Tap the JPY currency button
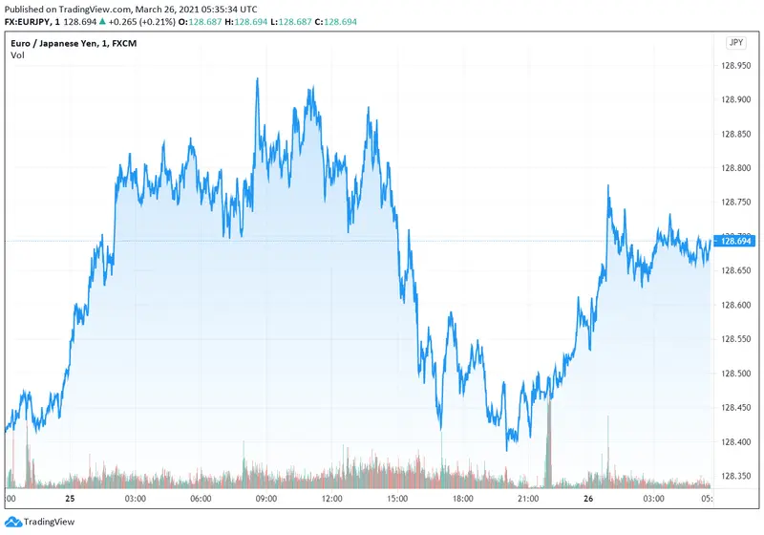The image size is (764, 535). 735,42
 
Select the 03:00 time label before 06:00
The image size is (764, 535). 135,499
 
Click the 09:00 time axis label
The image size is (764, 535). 266,499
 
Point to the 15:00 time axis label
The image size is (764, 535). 398,499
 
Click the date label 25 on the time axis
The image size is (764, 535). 70,499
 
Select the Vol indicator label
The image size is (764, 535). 18,54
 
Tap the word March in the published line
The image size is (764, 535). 151,7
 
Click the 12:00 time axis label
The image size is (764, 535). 332,499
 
